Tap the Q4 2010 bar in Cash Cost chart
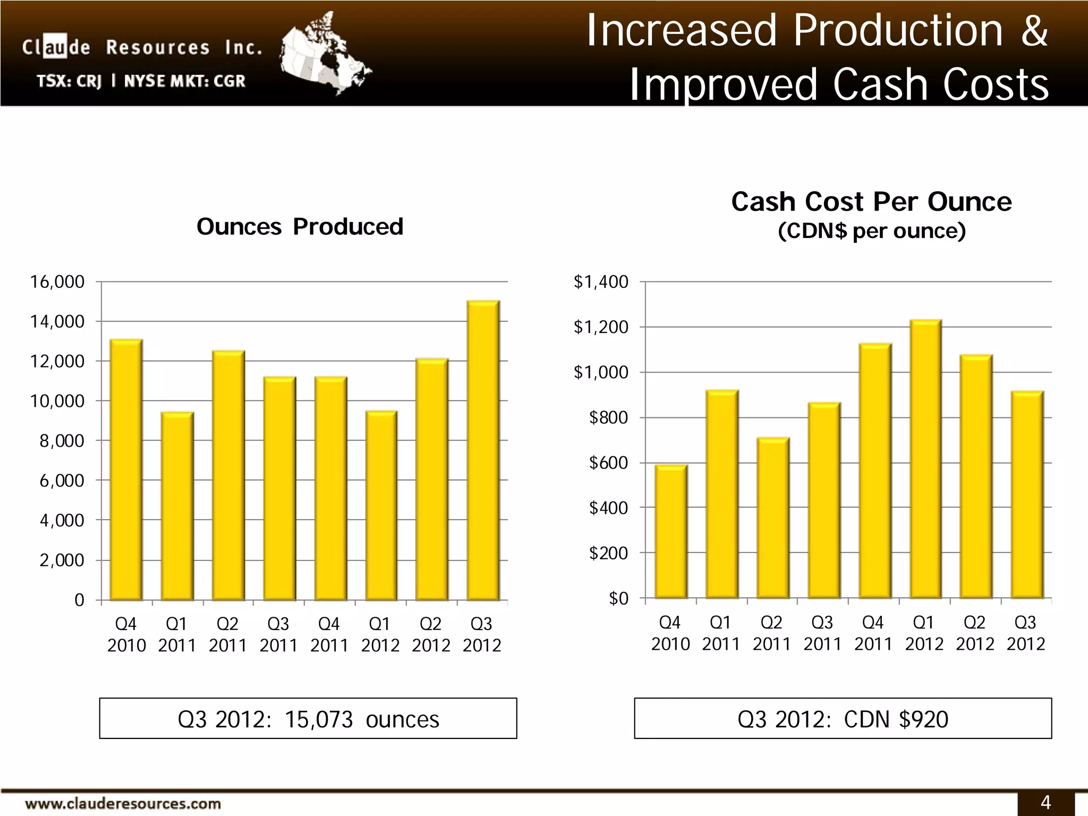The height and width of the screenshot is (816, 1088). pos(670,531)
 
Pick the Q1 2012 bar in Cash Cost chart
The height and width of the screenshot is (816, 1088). pos(925,459)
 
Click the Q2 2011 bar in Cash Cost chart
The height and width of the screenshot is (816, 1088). pos(772,518)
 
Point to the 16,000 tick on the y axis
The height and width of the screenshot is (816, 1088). pos(57,282)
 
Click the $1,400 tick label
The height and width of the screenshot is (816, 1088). pos(601,282)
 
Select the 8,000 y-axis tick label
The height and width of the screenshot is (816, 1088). pos(62,441)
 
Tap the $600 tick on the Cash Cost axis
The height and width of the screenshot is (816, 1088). pos(608,463)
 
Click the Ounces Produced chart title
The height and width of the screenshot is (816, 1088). pos(300,227)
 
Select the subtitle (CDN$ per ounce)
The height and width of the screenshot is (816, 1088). pos(871,231)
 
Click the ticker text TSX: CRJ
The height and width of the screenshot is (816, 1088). pos(69,81)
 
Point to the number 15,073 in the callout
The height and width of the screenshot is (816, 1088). pos(319,719)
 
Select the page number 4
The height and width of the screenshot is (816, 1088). pos(1045,802)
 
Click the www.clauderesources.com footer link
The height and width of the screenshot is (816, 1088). pos(123,804)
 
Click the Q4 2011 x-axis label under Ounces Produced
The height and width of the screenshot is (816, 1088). pos(329,634)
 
